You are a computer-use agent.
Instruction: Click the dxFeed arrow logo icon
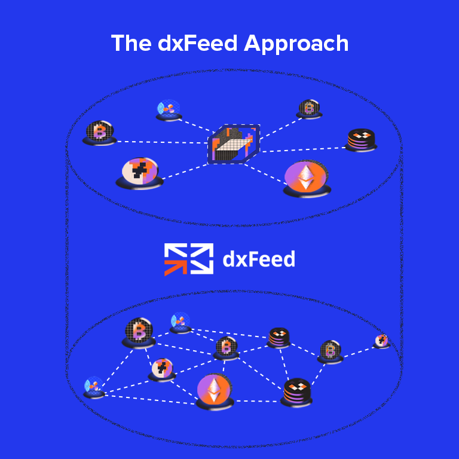pyautogui.click(x=189, y=259)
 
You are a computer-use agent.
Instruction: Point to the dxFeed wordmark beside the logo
pyautogui.click(x=259, y=259)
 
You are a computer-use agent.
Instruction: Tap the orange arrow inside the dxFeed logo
pyautogui.click(x=176, y=265)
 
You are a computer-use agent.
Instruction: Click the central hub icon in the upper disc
pyautogui.click(x=234, y=144)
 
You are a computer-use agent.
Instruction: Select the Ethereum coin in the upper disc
pyautogui.click(x=306, y=178)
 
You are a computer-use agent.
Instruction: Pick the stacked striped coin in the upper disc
pyautogui.click(x=361, y=139)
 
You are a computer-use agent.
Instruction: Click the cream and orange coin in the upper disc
pyautogui.click(x=140, y=172)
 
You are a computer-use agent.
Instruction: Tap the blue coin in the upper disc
pyautogui.click(x=168, y=109)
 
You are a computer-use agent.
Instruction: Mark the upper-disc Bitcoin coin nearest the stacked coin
pyautogui.click(x=308, y=108)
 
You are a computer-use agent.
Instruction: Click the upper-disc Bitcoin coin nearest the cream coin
pyautogui.click(x=99, y=131)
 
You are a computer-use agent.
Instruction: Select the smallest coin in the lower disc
pyautogui.click(x=381, y=341)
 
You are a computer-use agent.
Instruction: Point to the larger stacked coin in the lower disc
pyautogui.click(x=296, y=391)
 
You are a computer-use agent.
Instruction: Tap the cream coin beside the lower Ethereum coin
pyautogui.click(x=161, y=369)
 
